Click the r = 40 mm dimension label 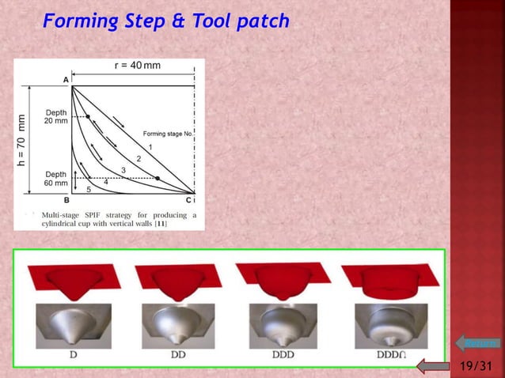pos(138,66)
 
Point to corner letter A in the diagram pos(66,80)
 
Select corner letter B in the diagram pos(66,200)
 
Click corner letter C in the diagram pos(188,200)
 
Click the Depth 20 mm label pos(56,116)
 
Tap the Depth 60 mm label pos(56,178)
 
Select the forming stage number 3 pos(123,171)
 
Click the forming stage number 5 pos(88,190)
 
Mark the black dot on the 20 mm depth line pos(88,116)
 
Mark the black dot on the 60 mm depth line pos(158,179)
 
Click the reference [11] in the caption pos(160,223)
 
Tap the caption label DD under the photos pos(178,356)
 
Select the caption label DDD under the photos pos(283,356)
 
